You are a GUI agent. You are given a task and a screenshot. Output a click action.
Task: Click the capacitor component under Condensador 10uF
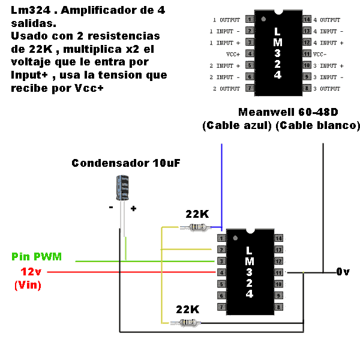point(122,188)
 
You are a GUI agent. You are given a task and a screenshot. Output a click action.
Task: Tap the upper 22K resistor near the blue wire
point(197,227)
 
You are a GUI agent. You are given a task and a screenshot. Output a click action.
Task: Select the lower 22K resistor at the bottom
point(188,323)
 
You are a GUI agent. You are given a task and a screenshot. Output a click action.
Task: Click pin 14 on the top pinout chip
point(307,19)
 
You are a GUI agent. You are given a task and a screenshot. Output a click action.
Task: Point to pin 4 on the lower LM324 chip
point(221,272)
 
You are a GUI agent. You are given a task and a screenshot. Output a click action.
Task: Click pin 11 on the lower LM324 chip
point(278,272)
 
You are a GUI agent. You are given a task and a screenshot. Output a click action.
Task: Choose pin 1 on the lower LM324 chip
point(221,238)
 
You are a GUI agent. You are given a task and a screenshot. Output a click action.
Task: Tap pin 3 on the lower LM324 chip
point(221,261)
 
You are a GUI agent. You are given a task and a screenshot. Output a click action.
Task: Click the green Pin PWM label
point(37,256)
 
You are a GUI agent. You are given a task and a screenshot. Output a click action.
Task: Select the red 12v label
point(31,272)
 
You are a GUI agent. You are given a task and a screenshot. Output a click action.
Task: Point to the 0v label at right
point(343,272)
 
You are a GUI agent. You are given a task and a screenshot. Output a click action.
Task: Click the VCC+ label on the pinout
point(233,54)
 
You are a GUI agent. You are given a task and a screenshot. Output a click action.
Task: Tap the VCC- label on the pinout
point(320,54)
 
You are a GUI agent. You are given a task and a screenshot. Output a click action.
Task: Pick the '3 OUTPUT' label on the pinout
point(327,89)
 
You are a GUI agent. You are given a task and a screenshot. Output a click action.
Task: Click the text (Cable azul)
point(237,125)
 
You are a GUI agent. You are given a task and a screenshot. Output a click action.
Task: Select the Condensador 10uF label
point(126,163)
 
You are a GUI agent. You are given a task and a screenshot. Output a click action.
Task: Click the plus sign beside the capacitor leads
point(133,208)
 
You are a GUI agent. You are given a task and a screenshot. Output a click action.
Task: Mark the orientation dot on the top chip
point(263,19)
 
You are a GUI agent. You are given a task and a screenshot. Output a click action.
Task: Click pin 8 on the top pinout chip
point(307,88)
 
